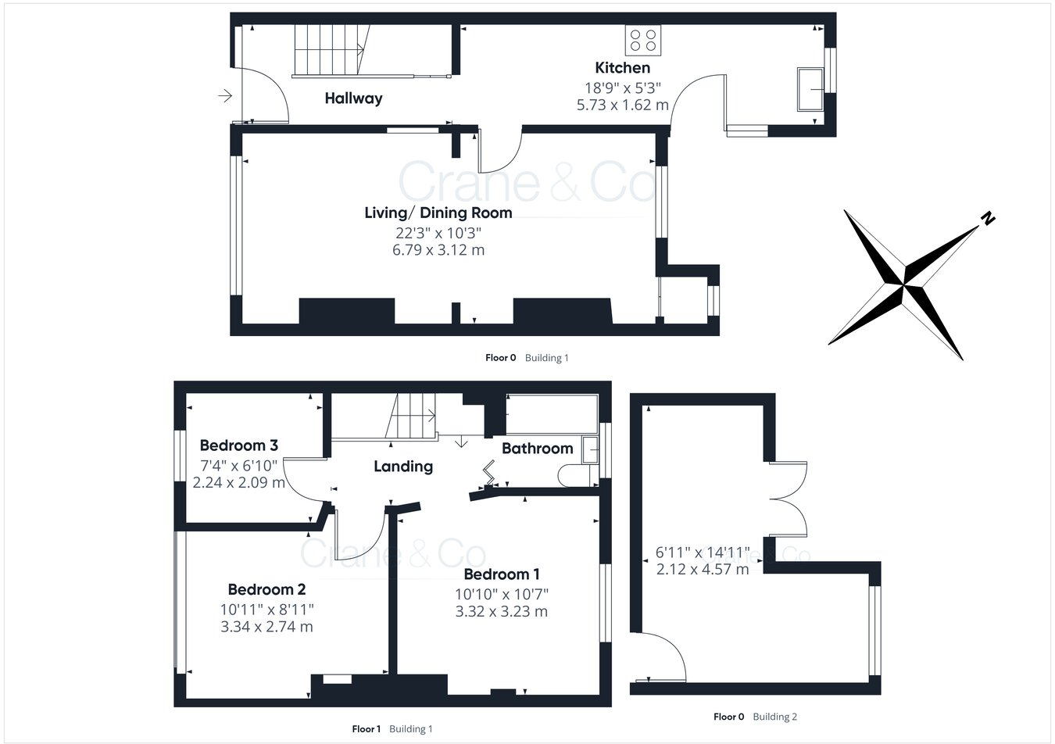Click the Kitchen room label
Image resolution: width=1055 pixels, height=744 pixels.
[622, 68]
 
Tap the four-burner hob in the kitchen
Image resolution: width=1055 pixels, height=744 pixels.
[642, 40]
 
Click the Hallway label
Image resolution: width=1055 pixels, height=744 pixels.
[353, 98]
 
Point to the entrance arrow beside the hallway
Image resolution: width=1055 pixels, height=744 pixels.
[225, 96]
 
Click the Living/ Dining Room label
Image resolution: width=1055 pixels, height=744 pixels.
[438, 213]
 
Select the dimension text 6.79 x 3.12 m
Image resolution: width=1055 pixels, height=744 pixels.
[438, 250]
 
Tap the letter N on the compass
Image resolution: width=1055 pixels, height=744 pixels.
[988, 219]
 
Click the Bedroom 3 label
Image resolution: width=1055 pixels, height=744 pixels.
[238, 445]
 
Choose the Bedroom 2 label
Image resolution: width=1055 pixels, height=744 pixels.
[266, 589]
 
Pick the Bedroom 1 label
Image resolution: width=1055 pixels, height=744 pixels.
[501, 574]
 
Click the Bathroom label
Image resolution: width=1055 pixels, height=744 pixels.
[537, 449]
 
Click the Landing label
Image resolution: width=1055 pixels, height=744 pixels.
[402, 467]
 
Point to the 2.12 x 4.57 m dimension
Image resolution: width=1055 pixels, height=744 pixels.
[702, 569]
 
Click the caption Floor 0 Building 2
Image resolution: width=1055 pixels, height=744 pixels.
[755, 717]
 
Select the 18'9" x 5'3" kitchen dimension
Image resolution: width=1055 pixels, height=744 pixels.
[622, 88]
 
